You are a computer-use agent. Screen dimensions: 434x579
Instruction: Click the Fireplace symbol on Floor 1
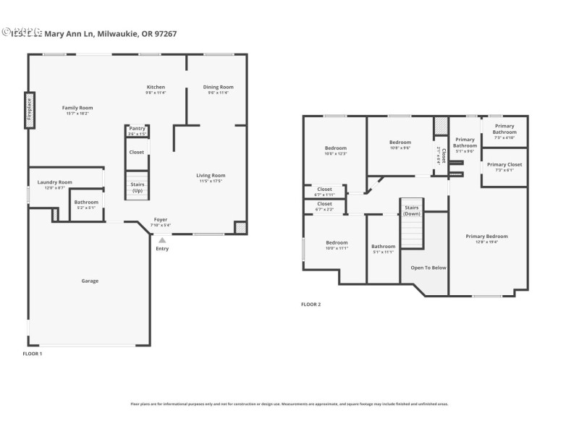click(x=30, y=111)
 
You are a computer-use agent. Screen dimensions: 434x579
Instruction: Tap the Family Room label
click(x=77, y=108)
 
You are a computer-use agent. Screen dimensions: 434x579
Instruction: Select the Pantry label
click(x=137, y=129)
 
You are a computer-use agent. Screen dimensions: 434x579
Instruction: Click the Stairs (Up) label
click(x=137, y=187)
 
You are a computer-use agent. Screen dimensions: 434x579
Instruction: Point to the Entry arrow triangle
click(x=162, y=240)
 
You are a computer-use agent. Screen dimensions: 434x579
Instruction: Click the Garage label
click(x=90, y=281)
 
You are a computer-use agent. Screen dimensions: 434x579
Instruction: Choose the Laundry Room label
click(x=55, y=182)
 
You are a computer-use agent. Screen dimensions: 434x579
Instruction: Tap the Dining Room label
click(x=218, y=87)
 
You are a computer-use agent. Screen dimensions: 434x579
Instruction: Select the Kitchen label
click(x=156, y=87)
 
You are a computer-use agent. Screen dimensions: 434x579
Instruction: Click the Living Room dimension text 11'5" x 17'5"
click(x=211, y=181)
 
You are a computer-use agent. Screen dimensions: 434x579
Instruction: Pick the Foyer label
click(x=161, y=219)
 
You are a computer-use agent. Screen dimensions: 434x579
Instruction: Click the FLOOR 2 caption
click(x=311, y=305)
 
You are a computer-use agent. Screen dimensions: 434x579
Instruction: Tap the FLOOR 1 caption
click(x=33, y=354)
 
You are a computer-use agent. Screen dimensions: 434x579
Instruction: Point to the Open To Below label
click(x=428, y=268)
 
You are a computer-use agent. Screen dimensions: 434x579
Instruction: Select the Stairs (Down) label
click(x=412, y=210)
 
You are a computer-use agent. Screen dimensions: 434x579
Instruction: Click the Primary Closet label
click(x=504, y=164)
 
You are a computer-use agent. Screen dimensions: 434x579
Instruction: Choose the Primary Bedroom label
click(x=486, y=237)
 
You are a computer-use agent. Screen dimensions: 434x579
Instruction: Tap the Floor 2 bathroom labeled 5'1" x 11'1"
click(x=383, y=248)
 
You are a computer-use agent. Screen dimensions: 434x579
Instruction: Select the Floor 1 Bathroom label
click(x=86, y=202)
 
